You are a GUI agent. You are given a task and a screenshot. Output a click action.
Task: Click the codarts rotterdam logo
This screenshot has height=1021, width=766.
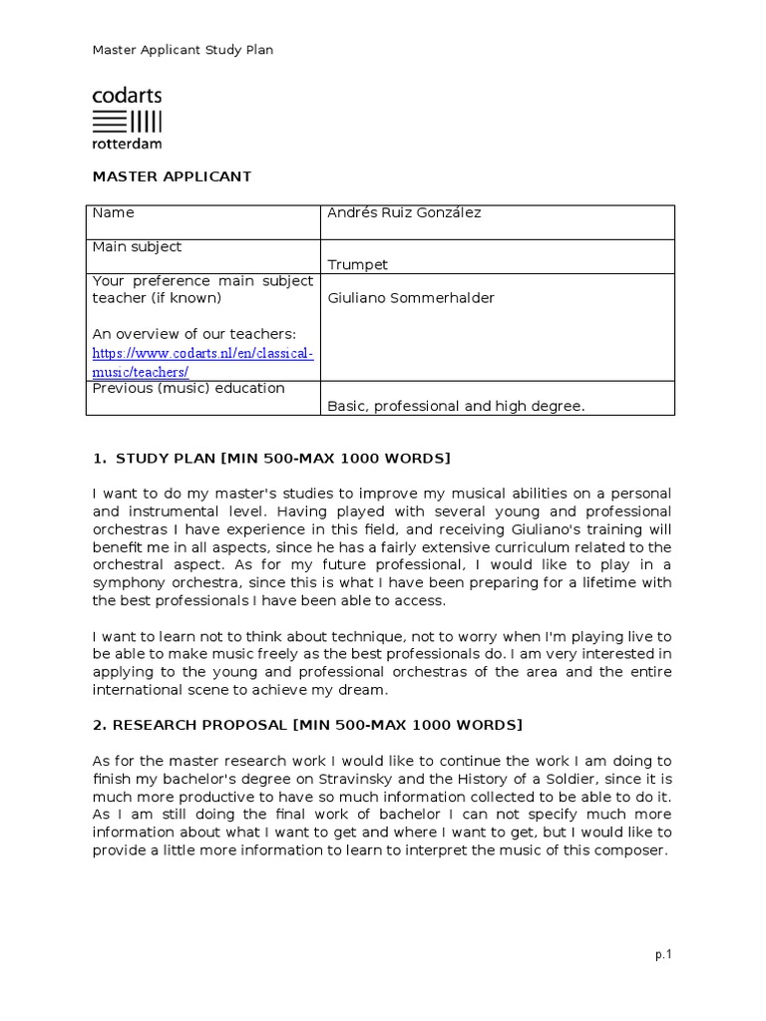[x=127, y=118]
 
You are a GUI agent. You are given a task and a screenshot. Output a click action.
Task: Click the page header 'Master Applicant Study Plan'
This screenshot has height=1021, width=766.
[x=183, y=50]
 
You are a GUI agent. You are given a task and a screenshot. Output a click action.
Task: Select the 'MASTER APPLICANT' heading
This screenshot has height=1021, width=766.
[x=172, y=176]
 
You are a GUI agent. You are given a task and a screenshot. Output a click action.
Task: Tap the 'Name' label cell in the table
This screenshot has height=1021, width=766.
[x=113, y=212]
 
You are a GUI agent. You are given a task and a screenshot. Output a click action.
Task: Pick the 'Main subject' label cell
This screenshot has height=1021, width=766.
[x=137, y=246]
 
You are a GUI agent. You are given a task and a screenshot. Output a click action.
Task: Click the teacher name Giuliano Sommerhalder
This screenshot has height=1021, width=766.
[x=410, y=298]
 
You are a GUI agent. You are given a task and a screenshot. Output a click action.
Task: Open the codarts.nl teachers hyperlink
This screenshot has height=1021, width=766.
[x=202, y=362]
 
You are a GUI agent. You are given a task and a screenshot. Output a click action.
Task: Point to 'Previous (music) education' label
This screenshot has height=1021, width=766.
[x=189, y=388]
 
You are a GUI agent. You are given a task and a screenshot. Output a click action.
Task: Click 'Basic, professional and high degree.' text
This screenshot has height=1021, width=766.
[x=456, y=406]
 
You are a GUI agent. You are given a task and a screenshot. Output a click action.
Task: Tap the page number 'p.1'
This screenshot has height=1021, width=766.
[x=663, y=954]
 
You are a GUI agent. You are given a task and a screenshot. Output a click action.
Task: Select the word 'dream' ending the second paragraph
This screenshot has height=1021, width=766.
[x=363, y=689]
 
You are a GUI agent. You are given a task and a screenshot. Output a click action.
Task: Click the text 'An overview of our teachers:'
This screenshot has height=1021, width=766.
[x=193, y=333]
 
